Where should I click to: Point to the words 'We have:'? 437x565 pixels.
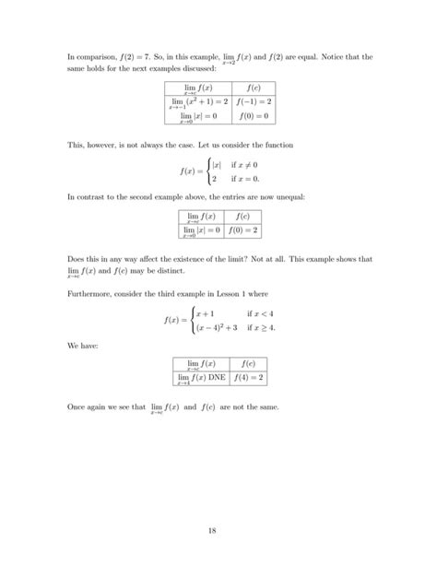81,347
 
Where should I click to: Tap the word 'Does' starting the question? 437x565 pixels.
77,260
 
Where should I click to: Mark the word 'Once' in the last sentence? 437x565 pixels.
77,406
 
